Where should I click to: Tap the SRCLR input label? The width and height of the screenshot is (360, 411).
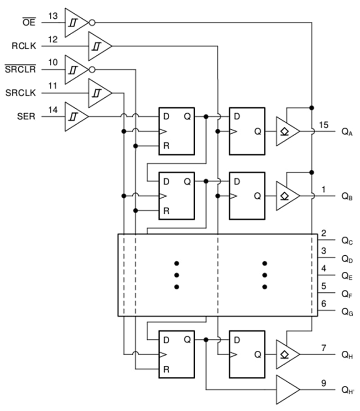[20, 69]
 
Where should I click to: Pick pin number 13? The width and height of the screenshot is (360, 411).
[53, 16]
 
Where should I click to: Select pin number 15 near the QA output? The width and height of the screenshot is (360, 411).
[323, 125]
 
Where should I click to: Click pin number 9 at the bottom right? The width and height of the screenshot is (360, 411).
[323, 384]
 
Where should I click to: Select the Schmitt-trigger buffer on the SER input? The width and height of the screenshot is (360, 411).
[76, 116]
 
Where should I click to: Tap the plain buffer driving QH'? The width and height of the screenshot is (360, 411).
[287, 390]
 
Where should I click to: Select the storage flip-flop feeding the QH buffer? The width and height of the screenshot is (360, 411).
[247, 354]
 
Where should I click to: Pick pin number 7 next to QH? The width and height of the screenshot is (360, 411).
[323, 348]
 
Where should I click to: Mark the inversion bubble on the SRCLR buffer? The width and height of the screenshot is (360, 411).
[92, 69]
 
